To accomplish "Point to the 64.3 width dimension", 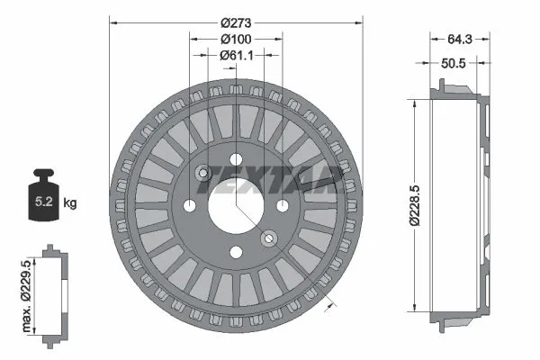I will [x=459, y=39].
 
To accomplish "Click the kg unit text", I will [x=70, y=204].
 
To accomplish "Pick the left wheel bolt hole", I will [x=190, y=206].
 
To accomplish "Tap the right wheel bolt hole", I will [x=282, y=206].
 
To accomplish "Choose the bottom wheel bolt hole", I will [x=236, y=252].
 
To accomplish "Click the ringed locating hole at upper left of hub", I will [x=203, y=173].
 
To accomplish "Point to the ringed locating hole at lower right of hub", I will [x=268, y=238].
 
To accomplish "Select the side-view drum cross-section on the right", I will [x=459, y=205].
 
